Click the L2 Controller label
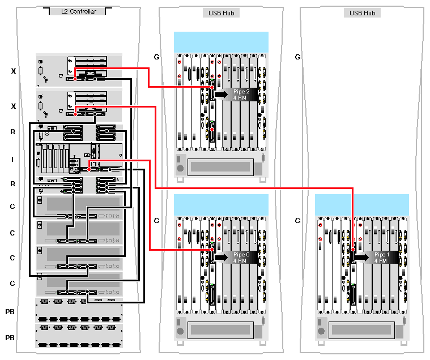point(79,11)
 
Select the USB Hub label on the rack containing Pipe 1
point(362,12)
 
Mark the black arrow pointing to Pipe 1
point(362,258)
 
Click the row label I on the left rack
point(12,160)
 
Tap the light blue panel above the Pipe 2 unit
point(221,42)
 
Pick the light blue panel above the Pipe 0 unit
point(221,204)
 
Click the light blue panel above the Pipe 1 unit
point(362,204)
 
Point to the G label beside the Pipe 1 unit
point(297,221)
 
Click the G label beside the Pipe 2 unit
point(157,57)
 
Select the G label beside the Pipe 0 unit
point(157,221)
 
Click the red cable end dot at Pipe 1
point(352,249)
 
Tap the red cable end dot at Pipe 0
point(212,249)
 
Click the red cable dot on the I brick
point(90,169)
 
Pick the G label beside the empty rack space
point(297,57)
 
